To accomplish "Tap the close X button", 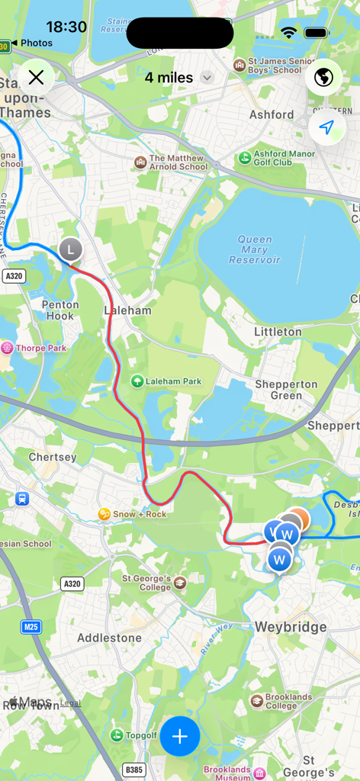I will [x=36, y=77].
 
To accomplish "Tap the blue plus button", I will [x=180, y=736].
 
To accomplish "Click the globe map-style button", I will [x=324, y=77].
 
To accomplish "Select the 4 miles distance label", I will [x=169, y=77].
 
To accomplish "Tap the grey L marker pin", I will [x=70, y=249].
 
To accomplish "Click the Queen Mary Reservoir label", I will [x=255, y=249].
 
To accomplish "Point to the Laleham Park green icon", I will [x=137, y=381].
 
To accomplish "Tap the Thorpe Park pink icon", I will [x=7, y=348].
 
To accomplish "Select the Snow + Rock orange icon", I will [x=104, y=514].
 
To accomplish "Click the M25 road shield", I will [x=31, y=627].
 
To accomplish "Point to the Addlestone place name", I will [x=109, y=638].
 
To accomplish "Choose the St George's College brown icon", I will [x=180, y=583].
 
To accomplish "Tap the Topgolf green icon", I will [x=117, y=734].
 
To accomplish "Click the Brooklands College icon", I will [x=257, y=700].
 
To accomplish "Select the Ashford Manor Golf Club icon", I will [x=245, y=158].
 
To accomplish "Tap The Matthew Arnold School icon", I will [x=140, y=162].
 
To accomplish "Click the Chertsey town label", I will [x=53, y=457].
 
